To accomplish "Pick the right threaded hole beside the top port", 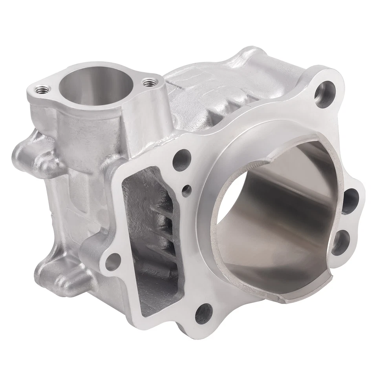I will pos(148,82).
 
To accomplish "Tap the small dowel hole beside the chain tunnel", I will pos(187,191).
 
